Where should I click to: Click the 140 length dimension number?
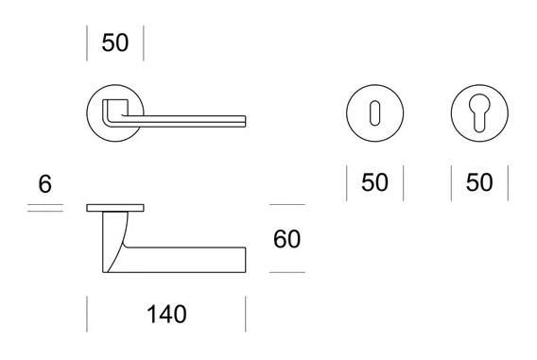click(x=166, y=314)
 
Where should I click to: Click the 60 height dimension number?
click(x=287, y=239)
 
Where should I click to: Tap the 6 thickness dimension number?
click(x=44, y=183)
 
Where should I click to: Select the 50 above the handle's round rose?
click(x=115, y=43)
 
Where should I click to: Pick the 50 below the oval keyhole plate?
click(x=375, y=182)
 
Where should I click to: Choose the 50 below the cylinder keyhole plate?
click(x=479, y=182)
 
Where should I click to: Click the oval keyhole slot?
click(x=375, y=113)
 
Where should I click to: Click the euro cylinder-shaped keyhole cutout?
click(x=479, y=112)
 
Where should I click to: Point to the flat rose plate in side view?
click(x=115, y=208)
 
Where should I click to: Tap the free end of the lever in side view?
click(x=245, y=260)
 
